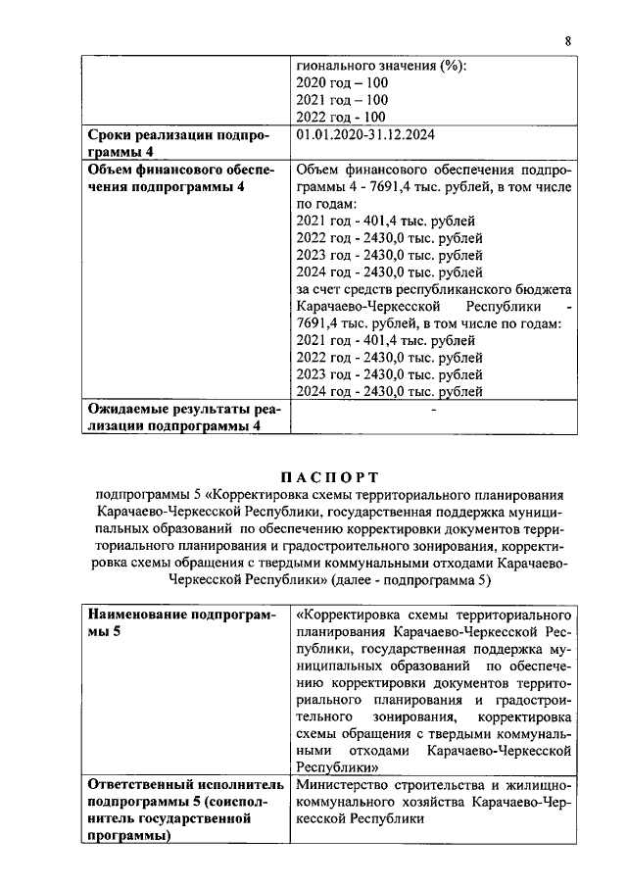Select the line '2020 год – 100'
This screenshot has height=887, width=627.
click(x=342, y=83)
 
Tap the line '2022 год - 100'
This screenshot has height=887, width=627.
click(x=341, y=117)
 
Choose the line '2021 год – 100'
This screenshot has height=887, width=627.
click(x=342, y=100)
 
